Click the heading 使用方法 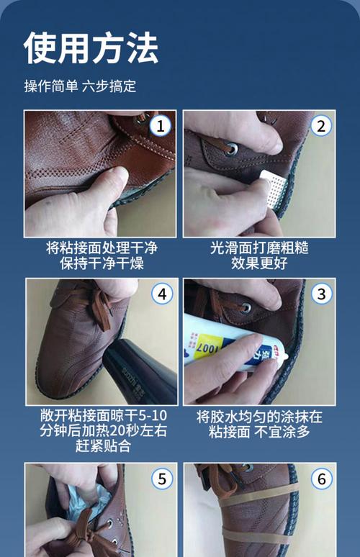click(91, 48)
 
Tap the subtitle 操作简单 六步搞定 click(80, 86)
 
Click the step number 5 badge click(161, 479)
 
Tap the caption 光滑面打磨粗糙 click(259, 248)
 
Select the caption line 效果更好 click(259, 264)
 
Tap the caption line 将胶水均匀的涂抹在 click(259, 417)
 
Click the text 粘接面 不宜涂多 click(259, 433)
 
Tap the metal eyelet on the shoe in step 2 click(233, 150)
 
